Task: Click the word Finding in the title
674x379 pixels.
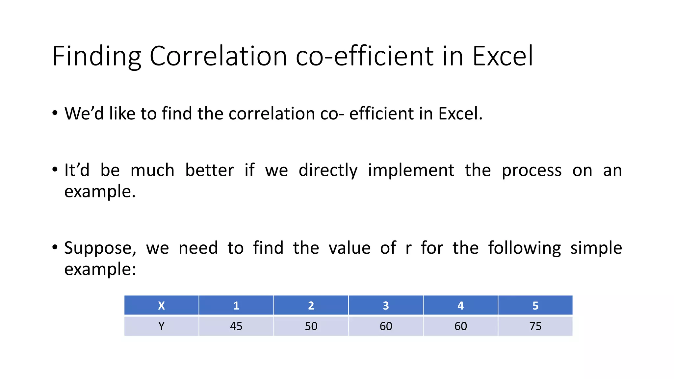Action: pyautogui.click(x=96, y=56)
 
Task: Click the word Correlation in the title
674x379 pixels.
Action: pyautogui.click(x=218, y=56)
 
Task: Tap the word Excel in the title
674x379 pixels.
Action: pyautogui.click(x=503, y=56)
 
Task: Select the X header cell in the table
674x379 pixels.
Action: pyautogui.click(x=161, y=306)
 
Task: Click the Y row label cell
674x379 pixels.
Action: pyautogui.click(x=161, y=326)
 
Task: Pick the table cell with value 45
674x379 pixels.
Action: pyautogui.click(x=236, y=326)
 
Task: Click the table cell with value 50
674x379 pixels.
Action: pyautogui.click(x=311, y=326)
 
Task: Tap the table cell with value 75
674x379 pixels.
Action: pyautogui.click(x=535, y=326)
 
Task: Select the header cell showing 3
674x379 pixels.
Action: pyautogui.click(x=386, y=306)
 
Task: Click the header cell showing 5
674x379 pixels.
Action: pyautogui.click(x=535, y=306)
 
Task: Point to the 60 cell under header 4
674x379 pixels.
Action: pyautogui.click(x=460, y=326)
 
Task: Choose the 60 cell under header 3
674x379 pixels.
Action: pyautogui.click(x=386, y=326)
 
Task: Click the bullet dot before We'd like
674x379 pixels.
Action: pyautogui.click(x=55, y=113)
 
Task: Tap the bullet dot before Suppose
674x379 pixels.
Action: pyautogui.click(x=55, y=247)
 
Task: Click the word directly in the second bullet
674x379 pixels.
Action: pyautogui.click(x=328, y=170)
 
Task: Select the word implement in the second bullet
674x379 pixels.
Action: pyautogui.click(x=411, y=170)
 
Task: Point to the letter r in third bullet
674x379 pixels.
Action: pyautogui.click(x=408, y=248)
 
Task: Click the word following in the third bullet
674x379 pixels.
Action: pyautogui.click(x=524, y=248)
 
